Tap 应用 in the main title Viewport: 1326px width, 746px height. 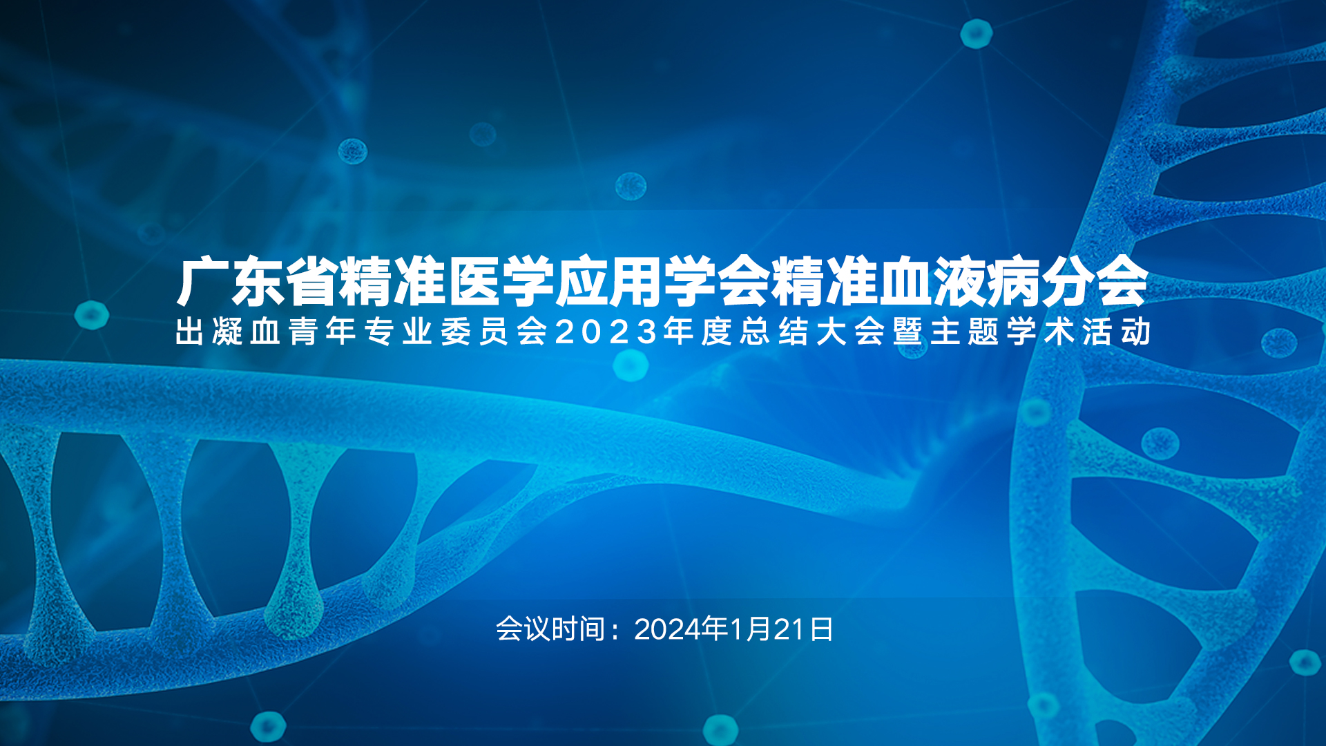click(608, 281)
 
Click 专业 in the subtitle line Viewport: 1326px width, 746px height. click(398, 332)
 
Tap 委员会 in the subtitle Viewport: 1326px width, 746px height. click(494, 332)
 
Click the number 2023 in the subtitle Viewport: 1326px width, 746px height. click(606, 332)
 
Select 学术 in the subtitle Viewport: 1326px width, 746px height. click(1040, 332)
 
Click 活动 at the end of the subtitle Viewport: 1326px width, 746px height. click(1116, 332)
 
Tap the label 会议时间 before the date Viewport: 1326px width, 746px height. click(550, 629)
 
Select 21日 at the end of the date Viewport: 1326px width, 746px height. click(803, 629)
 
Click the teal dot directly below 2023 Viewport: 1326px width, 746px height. click(631, 365)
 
